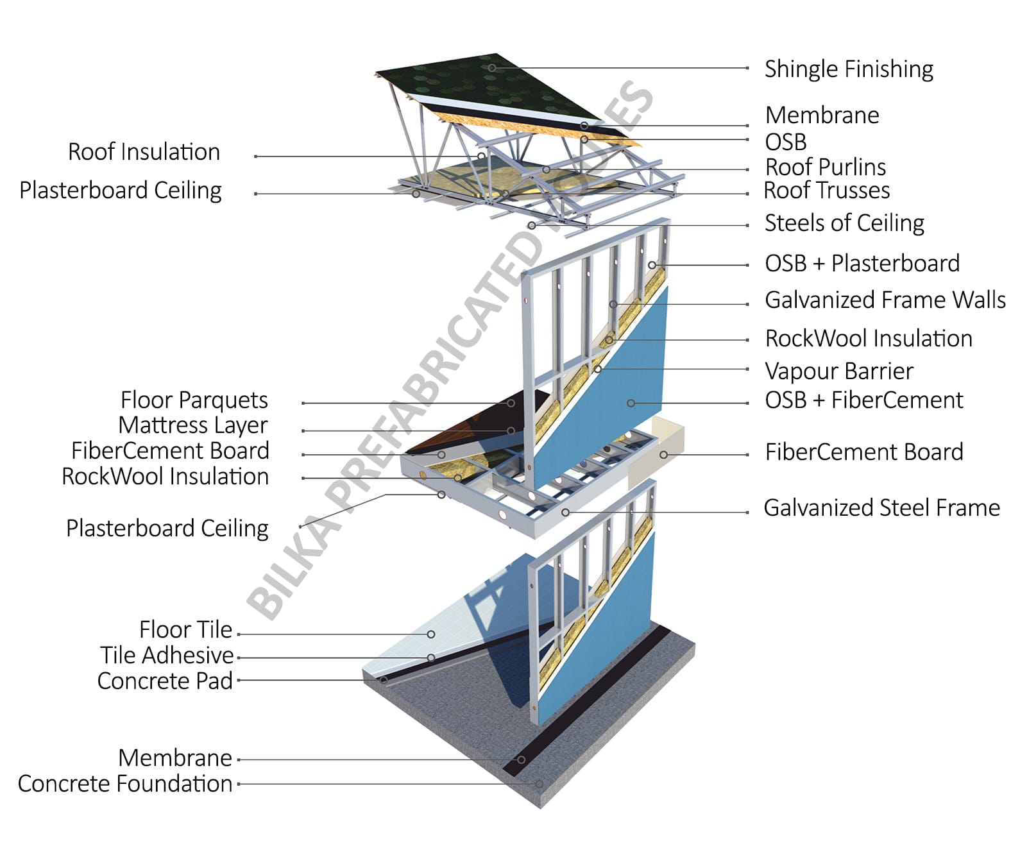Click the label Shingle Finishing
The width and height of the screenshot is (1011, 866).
[x=848, y=69]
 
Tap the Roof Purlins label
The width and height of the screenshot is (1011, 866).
[x=825, y=167]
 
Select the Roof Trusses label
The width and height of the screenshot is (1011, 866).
[x=826, y=191]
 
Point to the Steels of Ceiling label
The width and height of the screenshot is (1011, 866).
[x=844, y=223]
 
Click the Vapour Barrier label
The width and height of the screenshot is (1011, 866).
[x=838, y=371]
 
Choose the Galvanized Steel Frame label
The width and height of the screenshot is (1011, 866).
[x=881, y=507]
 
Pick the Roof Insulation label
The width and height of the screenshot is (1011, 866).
[x=144, y=152]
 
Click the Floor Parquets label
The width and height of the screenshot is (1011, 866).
[x=194, y=400]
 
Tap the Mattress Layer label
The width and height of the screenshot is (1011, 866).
[x=192, y=425]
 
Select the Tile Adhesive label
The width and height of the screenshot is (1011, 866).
[x=166, y=655]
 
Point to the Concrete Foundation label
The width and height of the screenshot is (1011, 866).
[x=124, y=783]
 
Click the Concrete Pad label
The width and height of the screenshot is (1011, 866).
[x=164, y=681]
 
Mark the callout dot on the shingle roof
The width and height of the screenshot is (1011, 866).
[x=491, y=67]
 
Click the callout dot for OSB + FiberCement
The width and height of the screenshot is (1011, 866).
[x=631, y=403]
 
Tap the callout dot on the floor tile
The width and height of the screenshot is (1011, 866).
[x=431, y=634]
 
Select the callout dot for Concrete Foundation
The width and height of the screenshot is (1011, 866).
[x=539, y=784]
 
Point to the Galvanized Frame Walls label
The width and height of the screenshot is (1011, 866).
[x=885, y=300]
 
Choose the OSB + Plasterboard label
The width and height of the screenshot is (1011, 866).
[x=862, y=263]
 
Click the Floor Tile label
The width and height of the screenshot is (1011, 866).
[x=185, y=629]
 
